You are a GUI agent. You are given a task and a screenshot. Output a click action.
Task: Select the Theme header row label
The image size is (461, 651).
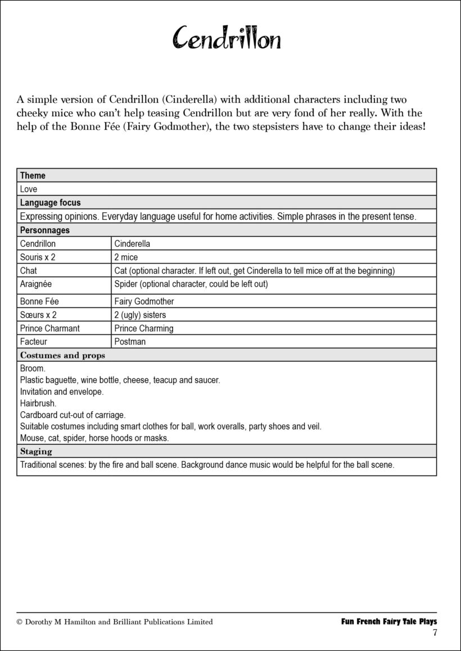click(33, 175)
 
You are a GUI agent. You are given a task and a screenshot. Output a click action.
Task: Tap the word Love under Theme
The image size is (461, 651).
click(29, 189)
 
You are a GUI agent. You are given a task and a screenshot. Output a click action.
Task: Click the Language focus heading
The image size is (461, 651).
click(50, 203)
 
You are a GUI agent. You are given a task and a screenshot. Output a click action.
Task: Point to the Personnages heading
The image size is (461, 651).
click(45, 230)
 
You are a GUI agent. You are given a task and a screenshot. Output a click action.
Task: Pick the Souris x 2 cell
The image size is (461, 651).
click(38, 258)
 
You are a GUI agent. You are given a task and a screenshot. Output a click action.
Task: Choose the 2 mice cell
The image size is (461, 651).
click(126, 258)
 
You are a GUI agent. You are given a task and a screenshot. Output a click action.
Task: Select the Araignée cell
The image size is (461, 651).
click(35, 284)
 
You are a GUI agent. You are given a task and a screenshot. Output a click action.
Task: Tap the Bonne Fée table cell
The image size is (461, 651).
click(39, 302)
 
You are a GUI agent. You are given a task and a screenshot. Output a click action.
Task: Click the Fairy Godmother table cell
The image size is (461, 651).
click(144, 302)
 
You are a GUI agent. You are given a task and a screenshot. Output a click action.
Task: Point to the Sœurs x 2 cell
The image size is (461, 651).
click(38, 315)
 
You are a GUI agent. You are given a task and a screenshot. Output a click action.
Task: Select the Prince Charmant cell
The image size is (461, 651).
click(49, 329)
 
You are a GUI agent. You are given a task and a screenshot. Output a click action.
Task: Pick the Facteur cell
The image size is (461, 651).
click(33, 342)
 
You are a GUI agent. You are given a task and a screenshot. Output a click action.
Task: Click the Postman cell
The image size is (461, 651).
click(130, 342)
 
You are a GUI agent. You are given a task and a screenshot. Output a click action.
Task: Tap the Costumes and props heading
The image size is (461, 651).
click(62, 355)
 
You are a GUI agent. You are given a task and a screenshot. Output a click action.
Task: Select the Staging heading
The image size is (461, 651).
click(36, 451)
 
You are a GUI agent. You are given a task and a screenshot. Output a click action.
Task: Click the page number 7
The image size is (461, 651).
click(435, 633)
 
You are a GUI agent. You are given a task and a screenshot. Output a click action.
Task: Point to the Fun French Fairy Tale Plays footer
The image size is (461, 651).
click(389, 621)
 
